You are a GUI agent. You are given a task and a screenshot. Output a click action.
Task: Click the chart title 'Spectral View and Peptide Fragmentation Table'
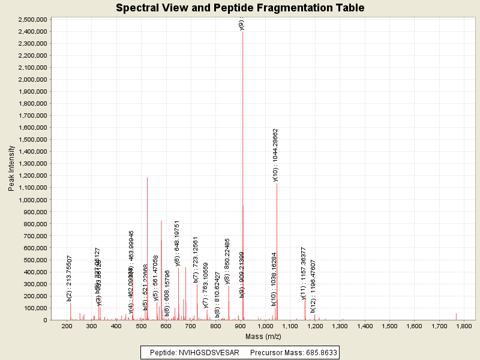pyautogui.click(x=240, y=8)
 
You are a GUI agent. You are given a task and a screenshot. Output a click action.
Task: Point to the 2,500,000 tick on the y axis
pyautogui.click(x=33, y=19)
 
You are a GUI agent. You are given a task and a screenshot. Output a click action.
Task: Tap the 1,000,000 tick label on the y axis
pyautogui.click(x=33, y=199)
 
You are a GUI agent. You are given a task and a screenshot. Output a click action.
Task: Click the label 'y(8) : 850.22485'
pyautogui.click(x=227, y=261)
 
